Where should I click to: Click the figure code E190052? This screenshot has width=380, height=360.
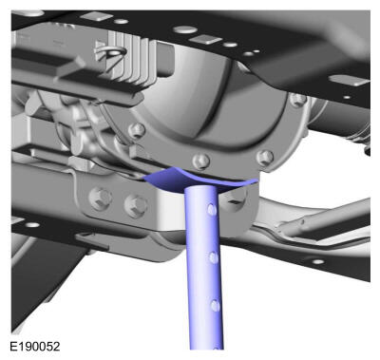pos(35,346)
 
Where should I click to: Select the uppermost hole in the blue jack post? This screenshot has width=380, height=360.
pos(212,209)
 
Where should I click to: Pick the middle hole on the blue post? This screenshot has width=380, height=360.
pos(214,257)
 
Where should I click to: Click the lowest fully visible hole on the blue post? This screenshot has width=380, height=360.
pos(216,306)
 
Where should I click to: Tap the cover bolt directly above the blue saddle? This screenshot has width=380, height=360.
pos(201,161)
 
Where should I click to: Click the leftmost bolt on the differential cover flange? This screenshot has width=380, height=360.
pos(137,130)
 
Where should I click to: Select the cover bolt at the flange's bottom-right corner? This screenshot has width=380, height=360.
pos(265,158)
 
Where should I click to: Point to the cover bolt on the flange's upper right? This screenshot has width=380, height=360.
pos(298,100)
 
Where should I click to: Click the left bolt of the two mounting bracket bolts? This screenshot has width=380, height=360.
pos(101,199)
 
